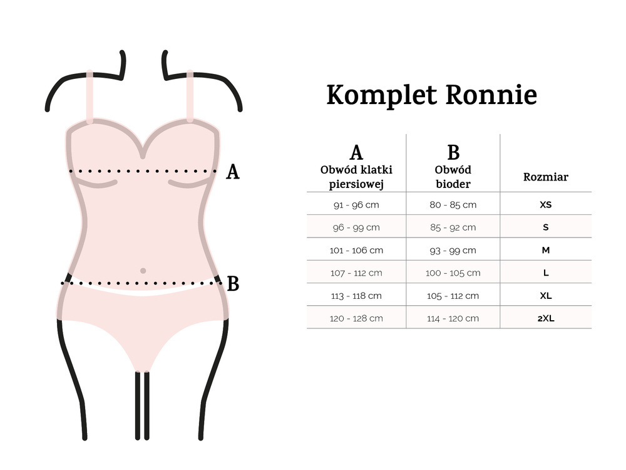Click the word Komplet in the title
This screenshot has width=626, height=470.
pyautogui.click(x=382, y=95)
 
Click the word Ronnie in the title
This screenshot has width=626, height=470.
pyautogui.click(x=491, y=95)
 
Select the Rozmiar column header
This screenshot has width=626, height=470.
pyautogui.click(x=546, y=177)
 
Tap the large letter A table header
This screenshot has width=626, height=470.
pyautogui.click(x=356, y=152)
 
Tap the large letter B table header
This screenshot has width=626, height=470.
pyautogui.click(x=453, y=152)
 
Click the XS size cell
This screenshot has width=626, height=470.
pyautogui.click(x=546, y=205)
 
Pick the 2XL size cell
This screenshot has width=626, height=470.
pyautogui.click(x=546, y=318)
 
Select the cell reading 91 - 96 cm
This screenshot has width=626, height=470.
pyautogui.click(x=356, y=205)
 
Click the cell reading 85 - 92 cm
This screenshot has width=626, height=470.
pyautogui.click(x=453, y=228)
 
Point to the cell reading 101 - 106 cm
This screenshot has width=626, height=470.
pyautogui.click(x=356, y=251)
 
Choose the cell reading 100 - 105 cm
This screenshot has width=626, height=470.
pyautogui.click(x=453, y=273)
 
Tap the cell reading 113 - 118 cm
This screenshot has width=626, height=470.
pyautogui.click(x=356, y=296)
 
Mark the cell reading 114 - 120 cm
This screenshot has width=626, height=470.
pyautogui.click(x=453, y=319)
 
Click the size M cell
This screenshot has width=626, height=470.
pyautogui.click(x=546, y=250)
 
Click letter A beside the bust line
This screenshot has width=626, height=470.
pyautogui.click(x=233, y=172)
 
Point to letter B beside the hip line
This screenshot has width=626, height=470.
pyautogui.click(x=233, y=284)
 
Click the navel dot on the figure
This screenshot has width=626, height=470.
pyautogui.click(x=143, y=271)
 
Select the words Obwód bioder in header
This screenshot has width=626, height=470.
pyautogui.click(x=453, y=177)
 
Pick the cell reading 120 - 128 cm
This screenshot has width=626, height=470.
pyautogui.click(x=356, y=319)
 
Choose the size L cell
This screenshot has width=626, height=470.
pyautogui.click(x=546, y=273)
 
